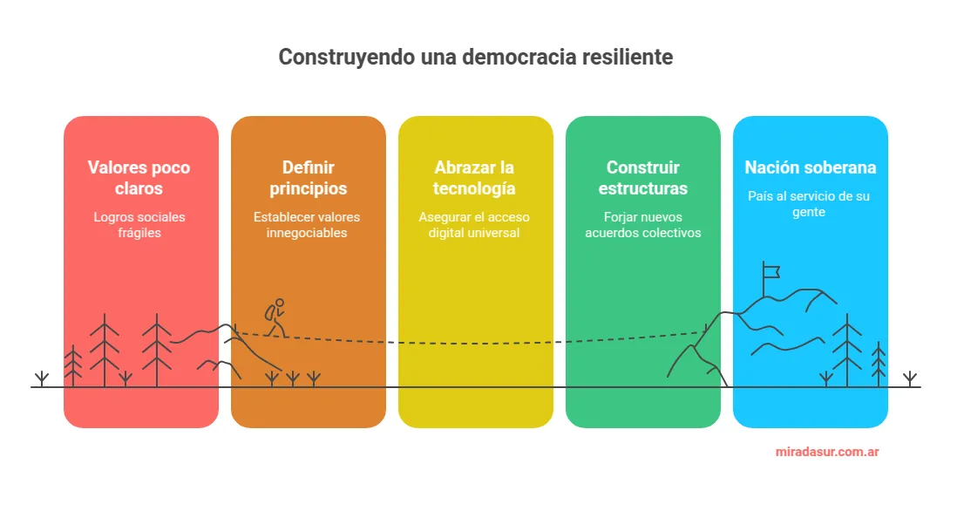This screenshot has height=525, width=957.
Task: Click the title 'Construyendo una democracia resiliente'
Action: click(475, 58)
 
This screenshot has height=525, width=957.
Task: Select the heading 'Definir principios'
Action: click(309, 178)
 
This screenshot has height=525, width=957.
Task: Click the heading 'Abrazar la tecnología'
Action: click(475, 178)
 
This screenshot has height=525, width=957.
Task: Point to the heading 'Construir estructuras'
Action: click(643, 178)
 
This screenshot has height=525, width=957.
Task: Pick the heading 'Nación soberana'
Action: click(810, 167)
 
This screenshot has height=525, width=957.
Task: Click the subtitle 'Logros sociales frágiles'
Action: click(140, 225)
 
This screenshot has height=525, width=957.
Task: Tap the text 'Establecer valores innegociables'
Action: click(307, 225)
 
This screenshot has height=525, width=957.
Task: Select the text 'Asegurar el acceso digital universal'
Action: click(474, 225)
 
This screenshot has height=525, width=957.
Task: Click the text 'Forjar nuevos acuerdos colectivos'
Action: click(642, 225)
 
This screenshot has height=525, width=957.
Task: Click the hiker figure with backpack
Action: click(275, 318)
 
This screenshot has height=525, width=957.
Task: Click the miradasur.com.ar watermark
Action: click(827, 453)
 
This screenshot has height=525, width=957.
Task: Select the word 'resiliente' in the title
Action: click(628, 58)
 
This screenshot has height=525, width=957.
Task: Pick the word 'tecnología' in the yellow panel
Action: click(475, 189)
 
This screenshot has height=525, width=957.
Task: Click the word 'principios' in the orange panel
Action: click(309, 189)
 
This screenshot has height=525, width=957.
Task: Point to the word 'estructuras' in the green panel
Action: click(643, 189)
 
